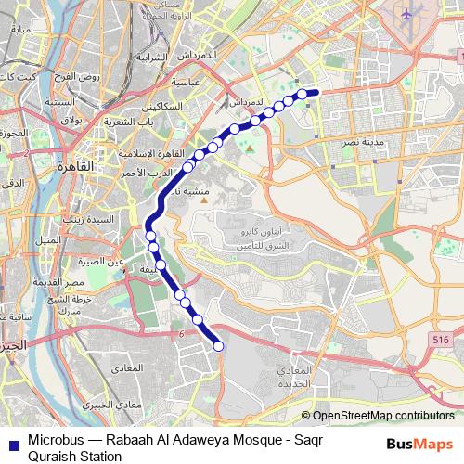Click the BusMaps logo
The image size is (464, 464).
[420, 444]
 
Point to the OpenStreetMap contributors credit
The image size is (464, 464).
[383, 417]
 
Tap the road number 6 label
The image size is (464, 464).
[183, 333]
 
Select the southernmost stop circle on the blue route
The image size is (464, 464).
[219, 346]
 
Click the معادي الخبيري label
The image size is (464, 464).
[112, 406]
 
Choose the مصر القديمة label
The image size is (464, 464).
[69, 282]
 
